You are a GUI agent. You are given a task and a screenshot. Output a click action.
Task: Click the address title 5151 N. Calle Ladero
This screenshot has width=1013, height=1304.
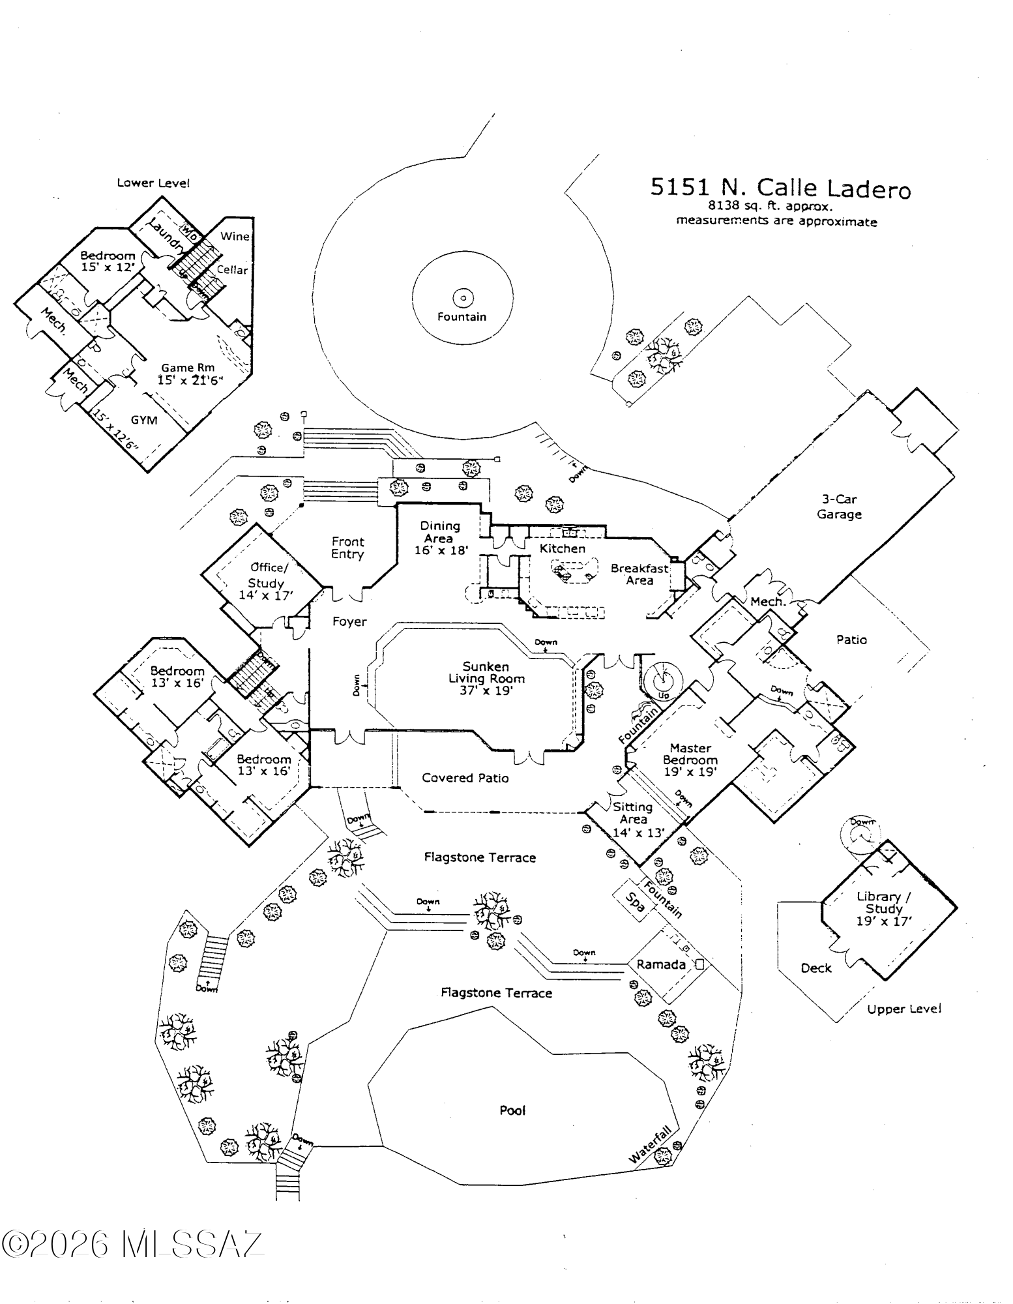coord(780,188)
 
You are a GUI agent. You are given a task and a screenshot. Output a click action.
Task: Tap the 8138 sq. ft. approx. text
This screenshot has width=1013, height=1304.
coord(771,206)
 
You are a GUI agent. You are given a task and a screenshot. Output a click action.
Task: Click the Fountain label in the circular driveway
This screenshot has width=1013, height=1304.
coord(462,317)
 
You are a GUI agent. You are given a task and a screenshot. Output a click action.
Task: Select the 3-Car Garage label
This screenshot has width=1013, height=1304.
coord(839,507)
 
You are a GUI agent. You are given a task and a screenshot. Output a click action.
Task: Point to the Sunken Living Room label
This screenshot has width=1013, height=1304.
coord(486,678)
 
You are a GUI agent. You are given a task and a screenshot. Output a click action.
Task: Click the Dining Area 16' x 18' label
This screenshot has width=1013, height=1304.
coord(441,538)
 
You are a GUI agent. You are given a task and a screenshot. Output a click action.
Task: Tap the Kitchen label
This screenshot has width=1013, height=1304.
coord(562,548)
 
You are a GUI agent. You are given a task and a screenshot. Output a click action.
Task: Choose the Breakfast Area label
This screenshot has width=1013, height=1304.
coord(639,574)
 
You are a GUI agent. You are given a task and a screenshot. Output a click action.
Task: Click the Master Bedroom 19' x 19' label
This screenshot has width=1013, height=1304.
coord(690,760)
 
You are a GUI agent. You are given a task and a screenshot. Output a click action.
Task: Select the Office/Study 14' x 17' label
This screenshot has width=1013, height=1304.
coord(266,581)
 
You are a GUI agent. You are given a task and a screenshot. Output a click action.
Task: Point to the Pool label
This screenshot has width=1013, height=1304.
coord(512,1110)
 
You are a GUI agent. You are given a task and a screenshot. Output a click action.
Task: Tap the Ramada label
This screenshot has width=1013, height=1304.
coord(661,964)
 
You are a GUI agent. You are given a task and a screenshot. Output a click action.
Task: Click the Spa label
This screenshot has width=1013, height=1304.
coord(635,902)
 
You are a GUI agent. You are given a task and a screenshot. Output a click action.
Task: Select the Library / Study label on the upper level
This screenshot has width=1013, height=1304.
coord(884,908)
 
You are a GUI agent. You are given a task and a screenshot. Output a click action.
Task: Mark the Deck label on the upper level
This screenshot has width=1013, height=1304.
coord(816,968)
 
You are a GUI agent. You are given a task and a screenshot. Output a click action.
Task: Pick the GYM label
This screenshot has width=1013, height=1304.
coord(144,420)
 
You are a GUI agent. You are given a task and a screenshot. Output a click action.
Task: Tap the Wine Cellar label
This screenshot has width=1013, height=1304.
coord(233,252)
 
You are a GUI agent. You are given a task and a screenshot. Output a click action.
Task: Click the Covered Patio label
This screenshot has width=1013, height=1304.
coord(465,778)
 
